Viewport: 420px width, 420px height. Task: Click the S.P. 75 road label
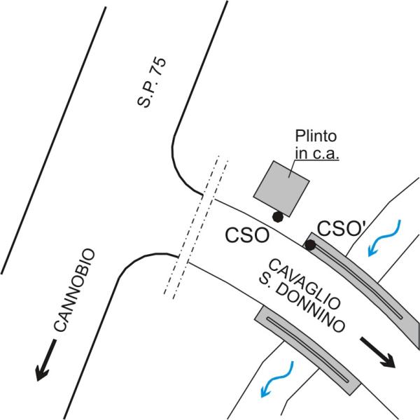pos(152,83)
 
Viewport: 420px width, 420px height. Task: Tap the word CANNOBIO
pos(74,290)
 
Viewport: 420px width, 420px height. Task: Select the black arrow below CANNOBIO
pos(46,360)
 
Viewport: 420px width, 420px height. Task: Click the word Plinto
pos(316,136)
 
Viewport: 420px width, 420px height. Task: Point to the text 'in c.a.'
pos(317,153)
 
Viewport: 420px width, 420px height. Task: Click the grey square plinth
pos(281,188)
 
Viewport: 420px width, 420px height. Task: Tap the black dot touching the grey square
pos(278,217)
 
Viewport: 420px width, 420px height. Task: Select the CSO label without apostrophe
pos(247,235)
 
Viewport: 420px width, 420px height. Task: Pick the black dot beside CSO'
pos(310,245)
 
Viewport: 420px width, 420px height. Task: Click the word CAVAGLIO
pos(304,284)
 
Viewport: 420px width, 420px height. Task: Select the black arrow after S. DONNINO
pos(378,352)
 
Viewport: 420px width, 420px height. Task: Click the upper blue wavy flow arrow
pos(384,238)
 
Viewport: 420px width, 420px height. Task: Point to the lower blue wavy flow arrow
pos(277,379)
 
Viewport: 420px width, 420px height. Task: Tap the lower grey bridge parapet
pos(308,350)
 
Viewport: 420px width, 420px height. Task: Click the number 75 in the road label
pos(159,66)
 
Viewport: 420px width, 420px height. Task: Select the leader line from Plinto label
pos(292,169)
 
